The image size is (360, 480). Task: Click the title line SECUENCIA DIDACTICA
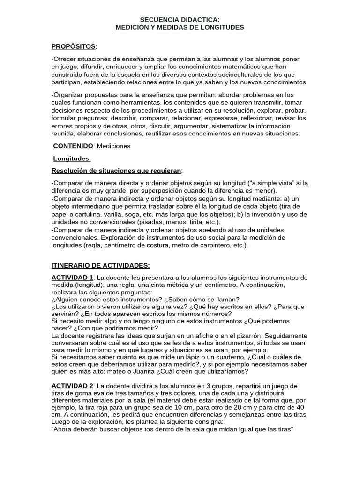180,20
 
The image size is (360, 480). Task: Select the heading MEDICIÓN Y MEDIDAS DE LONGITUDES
180,28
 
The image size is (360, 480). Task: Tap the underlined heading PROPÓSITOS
74,46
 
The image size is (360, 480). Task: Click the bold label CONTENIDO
73,146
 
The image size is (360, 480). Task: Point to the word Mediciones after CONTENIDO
113,146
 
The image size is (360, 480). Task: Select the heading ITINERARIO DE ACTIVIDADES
101,265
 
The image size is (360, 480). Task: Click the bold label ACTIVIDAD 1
73,278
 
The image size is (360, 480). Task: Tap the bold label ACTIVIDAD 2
73,385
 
